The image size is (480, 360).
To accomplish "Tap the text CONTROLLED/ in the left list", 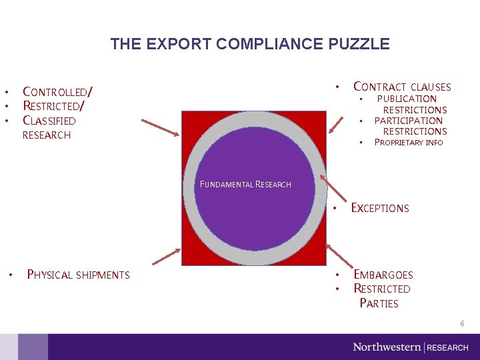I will point(57,91).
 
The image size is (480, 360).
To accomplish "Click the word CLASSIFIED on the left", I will point(49,121).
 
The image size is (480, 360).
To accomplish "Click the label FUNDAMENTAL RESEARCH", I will point(245,185).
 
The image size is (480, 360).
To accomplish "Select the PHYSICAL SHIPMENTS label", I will point(78,275).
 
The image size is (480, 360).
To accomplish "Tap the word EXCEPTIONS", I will point(379,208).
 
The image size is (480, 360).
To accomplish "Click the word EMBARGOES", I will point(383,275).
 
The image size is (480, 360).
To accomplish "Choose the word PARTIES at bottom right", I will point(379,303).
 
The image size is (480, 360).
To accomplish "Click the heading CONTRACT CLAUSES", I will point(402,87).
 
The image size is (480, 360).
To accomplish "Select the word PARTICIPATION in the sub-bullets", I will point(408,121).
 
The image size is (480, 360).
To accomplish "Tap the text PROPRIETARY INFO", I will point(408,142).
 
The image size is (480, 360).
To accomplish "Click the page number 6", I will point(461,323).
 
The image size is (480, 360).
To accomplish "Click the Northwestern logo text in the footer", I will point(387,347).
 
